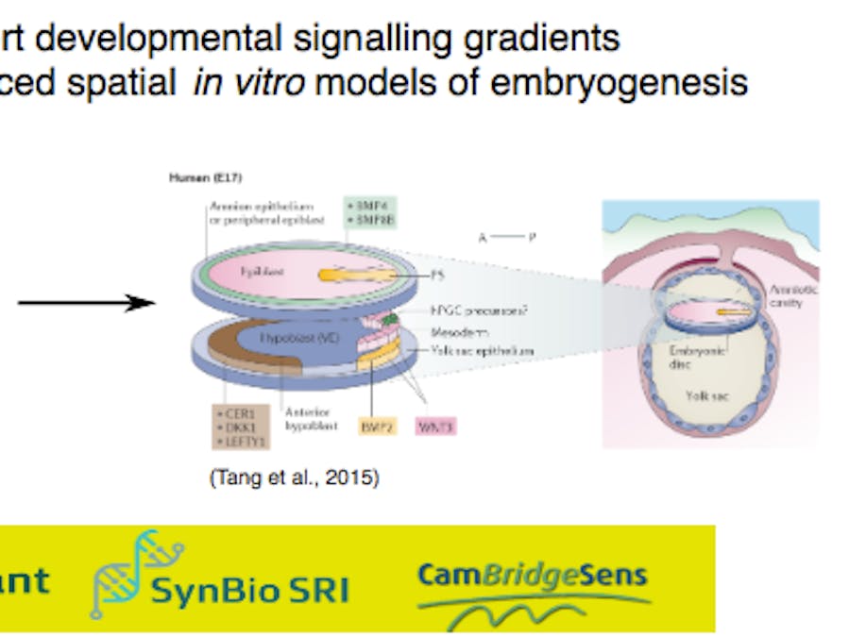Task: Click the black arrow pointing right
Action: [87, 302]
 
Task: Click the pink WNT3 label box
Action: [436, 427]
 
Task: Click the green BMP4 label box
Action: [369, 212]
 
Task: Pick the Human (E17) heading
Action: [196, 177]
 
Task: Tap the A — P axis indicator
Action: [506, 238]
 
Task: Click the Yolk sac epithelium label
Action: [483, 350]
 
